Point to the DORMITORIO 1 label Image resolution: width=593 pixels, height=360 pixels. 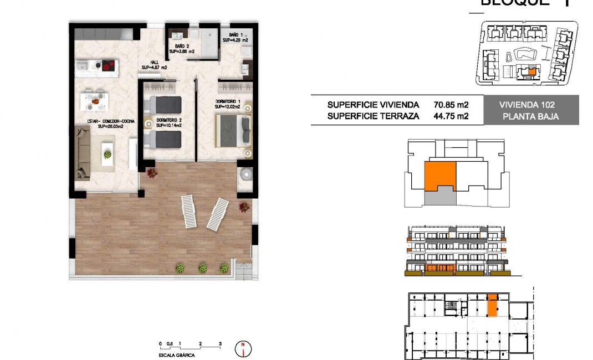(227, 101)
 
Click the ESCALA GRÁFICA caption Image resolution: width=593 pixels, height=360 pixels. (176, 354)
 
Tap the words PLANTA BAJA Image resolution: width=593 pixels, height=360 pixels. (530, 116)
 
